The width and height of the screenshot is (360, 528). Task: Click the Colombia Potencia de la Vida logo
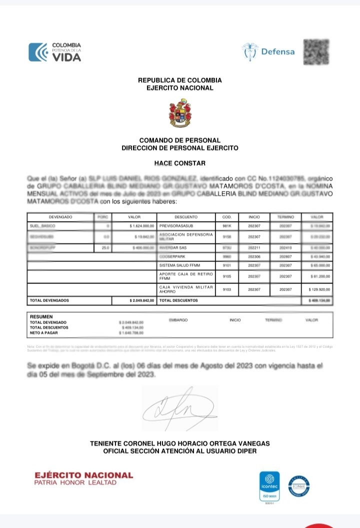coord(54,52)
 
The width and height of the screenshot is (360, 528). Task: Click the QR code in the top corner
coord(316,51)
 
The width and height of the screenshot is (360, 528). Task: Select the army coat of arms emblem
coord(179,112)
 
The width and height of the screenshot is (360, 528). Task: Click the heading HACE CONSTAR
coord(179,163)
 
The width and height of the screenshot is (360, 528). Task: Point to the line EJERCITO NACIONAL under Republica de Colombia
coord(179,88)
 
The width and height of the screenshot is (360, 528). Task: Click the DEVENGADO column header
coord(60,217)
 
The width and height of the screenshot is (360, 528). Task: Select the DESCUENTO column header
coord(186,217)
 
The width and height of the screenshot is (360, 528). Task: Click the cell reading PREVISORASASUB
coord(176,226)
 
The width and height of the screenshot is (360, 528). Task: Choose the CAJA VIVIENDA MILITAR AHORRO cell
coord(185,289)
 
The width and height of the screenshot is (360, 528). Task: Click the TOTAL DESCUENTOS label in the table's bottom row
coord(178,300)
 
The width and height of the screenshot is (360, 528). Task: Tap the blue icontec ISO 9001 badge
coord(269,486)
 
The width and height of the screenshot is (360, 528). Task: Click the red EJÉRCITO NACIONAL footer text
coord(83,475)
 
